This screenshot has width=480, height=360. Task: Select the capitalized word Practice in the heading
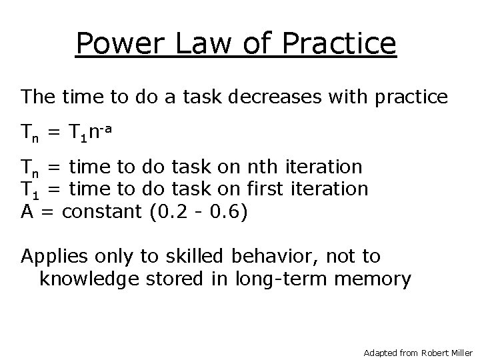(340, 44)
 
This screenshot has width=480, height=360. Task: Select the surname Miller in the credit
(462, 351)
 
